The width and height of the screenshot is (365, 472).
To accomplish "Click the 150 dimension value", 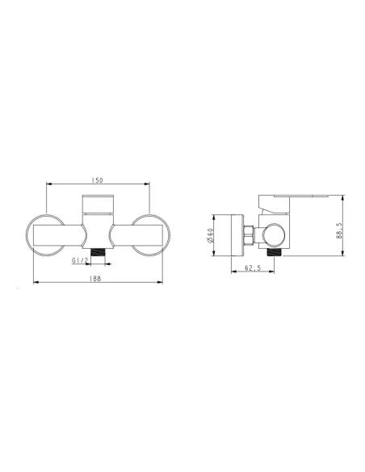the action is [x=97, y=180].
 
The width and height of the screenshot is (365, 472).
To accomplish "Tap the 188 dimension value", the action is [x=95, y=279].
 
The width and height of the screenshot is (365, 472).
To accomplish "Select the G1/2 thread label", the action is [x=80, y=260].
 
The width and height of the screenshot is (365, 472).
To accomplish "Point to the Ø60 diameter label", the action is [x=210, y=235].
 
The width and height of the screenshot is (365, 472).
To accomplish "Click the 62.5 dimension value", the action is [x=253, y=268].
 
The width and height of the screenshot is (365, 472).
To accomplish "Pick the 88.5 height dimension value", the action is [x=339, y=230].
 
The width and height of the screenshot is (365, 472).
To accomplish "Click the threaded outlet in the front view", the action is [x=98, y=252].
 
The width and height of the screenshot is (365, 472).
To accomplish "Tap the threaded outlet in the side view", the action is [x=274, y=252].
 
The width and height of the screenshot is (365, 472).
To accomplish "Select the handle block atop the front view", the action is [x=98, y=204].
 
